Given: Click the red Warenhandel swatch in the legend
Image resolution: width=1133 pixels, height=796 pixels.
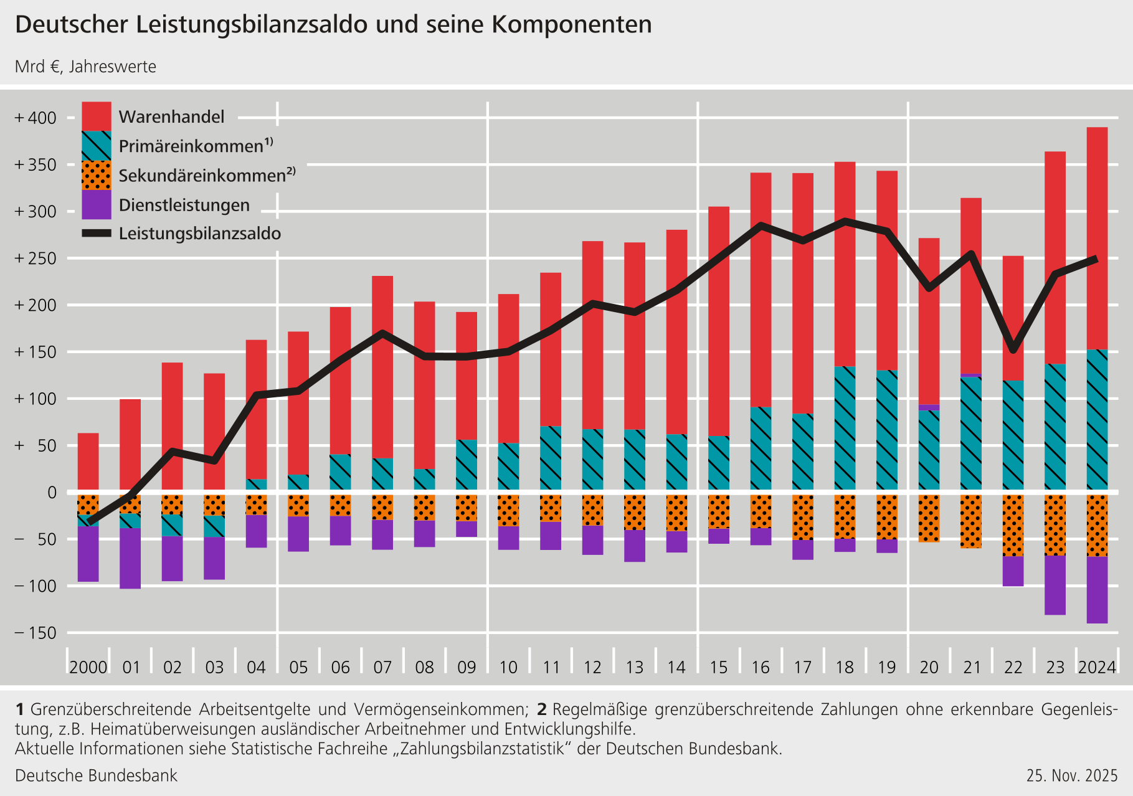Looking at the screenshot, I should [97, 116].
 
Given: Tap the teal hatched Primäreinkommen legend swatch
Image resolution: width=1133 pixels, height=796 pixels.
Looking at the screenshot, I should [97, 146].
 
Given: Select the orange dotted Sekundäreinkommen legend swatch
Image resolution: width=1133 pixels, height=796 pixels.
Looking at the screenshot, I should [97, 175].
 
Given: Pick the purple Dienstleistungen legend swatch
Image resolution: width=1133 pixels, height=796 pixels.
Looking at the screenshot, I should [97, 204].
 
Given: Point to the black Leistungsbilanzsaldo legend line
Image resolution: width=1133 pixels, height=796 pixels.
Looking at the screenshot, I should [97, 234].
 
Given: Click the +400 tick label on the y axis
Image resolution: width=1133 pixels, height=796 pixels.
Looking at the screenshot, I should [36, 118].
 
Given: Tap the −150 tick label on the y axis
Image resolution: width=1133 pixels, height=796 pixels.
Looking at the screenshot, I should [36, 633].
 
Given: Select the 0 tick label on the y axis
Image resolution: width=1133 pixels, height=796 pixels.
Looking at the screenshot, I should [52, 492].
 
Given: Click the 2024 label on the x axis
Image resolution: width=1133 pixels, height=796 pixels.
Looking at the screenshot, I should [1097, 668].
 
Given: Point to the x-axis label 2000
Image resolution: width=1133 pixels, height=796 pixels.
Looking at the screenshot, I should [88, 668].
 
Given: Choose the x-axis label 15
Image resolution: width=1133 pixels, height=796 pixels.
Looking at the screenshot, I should [718, 668].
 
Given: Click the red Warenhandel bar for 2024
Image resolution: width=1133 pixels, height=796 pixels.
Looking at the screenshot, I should [1097, 237].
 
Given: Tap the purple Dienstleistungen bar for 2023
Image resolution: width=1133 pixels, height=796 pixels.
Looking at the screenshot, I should [1055, 585].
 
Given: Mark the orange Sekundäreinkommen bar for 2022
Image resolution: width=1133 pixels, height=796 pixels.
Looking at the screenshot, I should [1013, 525].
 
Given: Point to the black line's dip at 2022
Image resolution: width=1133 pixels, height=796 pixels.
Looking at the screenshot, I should [1013, 349].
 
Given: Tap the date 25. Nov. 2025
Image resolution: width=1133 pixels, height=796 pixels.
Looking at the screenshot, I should [1072, 775].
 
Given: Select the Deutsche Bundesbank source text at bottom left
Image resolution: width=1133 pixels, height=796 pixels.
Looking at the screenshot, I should [96, 775].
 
